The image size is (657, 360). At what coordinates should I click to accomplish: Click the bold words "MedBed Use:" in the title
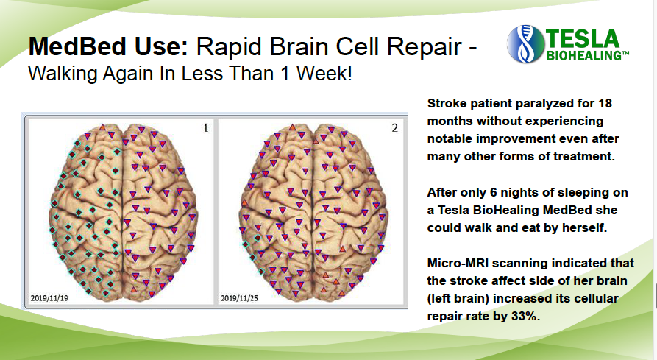108,46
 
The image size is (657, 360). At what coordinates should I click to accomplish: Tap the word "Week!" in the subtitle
324,74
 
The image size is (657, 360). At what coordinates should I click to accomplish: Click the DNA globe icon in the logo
525,44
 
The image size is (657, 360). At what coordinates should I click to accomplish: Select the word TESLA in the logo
583,39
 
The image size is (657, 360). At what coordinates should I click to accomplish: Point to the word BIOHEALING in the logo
585,56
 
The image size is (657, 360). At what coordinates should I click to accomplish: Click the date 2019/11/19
49,298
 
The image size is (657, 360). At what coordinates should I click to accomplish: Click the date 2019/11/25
239,298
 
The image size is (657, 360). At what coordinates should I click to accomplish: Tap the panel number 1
206,128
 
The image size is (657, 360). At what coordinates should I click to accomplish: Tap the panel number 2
394,128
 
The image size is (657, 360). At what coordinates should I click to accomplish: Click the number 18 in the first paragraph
605,103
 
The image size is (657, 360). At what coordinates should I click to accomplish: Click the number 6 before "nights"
494,192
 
